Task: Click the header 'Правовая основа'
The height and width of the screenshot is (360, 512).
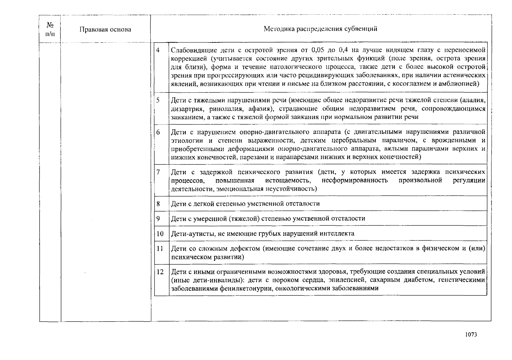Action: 105,29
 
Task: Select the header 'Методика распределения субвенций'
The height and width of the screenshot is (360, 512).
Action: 320,29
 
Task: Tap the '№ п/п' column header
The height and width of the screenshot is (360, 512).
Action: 50,29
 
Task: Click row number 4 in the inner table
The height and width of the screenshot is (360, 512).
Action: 158,50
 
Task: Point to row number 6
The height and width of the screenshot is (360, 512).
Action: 158,132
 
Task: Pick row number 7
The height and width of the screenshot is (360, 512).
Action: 158,172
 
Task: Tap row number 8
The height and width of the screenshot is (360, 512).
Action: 158,204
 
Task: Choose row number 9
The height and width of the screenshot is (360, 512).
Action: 158,219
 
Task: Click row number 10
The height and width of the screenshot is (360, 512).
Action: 160,234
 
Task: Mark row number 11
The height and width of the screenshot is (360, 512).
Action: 160,249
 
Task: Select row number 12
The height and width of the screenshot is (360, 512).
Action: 160,272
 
